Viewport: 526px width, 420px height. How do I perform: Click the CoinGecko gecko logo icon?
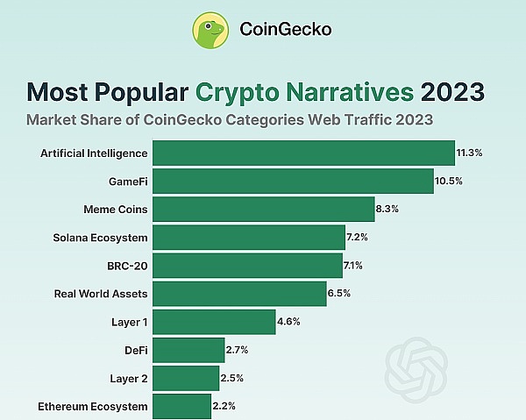(211, 30)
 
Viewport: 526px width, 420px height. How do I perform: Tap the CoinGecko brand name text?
(285, 30)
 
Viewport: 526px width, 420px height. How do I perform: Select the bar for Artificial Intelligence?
(303, 153)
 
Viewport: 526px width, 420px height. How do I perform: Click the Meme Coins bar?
(263, 209)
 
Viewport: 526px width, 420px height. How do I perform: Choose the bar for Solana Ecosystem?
(249, 237)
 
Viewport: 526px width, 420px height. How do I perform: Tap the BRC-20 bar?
(247, 265)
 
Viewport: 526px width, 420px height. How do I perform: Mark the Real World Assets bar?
(239, 293)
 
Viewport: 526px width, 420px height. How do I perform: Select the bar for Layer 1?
(214, 321)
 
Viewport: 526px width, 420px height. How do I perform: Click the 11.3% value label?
(470, 153)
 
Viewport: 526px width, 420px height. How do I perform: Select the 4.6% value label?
(288, 321)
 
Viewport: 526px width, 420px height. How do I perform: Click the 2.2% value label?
(224, 406)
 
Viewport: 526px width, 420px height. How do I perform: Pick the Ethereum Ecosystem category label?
(93, 406)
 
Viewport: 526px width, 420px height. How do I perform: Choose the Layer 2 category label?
(129, 378)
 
